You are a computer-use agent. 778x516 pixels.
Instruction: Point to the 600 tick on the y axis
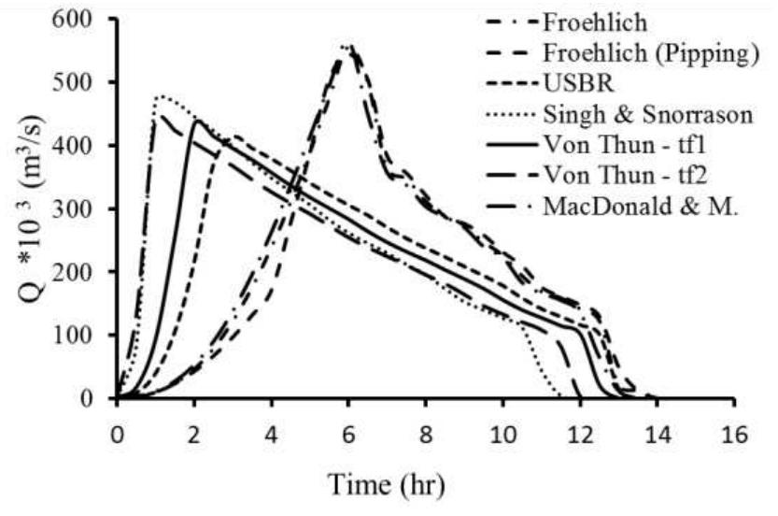(82, 19)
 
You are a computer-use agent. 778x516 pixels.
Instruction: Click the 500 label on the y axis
(82, 82)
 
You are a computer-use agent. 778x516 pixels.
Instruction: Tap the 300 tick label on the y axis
(82, 208)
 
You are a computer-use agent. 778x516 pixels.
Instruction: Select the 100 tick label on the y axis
(82, 335)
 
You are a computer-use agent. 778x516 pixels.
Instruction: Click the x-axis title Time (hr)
(386, 486)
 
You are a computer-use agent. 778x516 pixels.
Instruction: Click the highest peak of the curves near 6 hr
(347, 46)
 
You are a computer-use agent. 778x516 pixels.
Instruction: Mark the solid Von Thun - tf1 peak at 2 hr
(195, 120)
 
